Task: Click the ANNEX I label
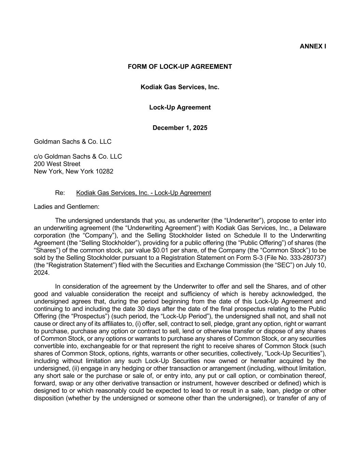(313, 46)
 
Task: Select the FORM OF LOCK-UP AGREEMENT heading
(180, 67)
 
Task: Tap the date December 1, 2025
(180, 128)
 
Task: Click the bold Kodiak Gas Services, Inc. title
(180, 87)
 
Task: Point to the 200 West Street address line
(57, 164)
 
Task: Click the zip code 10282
(104, 171)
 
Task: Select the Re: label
(60, 193)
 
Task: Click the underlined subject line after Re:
(143, 193)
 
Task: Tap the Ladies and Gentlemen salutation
(67, 207)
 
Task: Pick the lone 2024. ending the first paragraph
(42, 273)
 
